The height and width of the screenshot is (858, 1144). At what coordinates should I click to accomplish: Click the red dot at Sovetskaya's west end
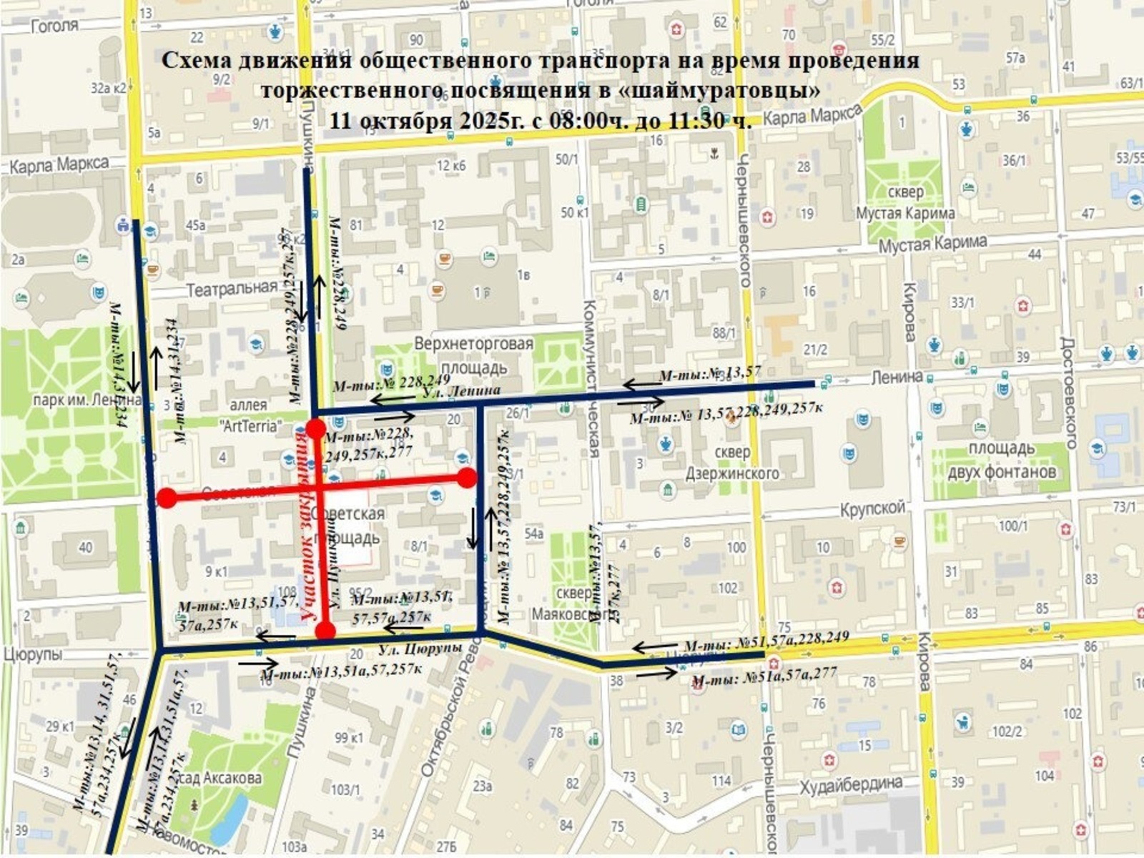(x=167, y=498)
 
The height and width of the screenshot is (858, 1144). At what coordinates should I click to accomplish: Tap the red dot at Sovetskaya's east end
(x=467, y=478)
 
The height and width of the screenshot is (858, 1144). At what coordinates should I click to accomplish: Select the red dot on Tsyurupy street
(x=325, y=631)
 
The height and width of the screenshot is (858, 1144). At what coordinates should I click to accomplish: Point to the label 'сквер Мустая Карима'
(x=905, y=202)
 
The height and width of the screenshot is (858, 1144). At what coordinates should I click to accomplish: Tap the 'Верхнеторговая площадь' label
(x=473, y=355)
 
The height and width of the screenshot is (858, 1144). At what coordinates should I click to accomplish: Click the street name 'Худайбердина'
(x=851, y=784)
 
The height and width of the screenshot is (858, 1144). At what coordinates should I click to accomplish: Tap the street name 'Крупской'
(x=872, y=509)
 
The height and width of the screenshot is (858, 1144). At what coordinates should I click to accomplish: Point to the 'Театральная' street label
(x=232, y=288)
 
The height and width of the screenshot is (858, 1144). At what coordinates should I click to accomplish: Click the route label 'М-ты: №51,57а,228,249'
(x=766, y=641)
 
